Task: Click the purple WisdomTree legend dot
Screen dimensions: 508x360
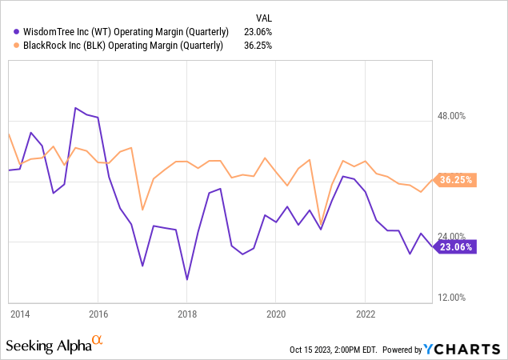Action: (x=16, y=32)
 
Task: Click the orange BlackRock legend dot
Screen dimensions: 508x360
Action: (x=16, y=46)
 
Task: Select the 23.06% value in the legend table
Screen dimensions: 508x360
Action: (x=258, y=32)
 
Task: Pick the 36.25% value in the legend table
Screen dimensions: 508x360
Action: (x=258, y=46)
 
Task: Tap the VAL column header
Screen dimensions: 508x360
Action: (x=264, y=18)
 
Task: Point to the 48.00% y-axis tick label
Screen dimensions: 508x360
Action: (x=451, y=116)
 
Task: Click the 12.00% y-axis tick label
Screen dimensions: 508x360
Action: (x=451, y=298)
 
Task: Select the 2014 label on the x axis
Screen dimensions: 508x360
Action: (x=20, y=314)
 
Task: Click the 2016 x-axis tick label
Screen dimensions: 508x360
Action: (x=98, y=314)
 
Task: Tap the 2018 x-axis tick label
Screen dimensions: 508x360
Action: (x=187, y=314)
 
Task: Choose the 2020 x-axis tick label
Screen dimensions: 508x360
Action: (x=276, y=314)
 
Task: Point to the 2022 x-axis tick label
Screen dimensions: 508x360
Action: (x=366, y=314)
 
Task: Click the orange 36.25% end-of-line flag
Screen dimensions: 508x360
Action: (x=455, y=180)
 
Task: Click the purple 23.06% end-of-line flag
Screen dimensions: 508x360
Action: (x=455, y=247)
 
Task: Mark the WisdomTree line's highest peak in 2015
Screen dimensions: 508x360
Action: (x=75, y=108)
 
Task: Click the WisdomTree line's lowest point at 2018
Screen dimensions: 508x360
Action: (x=187, y=279)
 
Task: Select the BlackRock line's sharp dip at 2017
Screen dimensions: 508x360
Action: (x=142, y=210)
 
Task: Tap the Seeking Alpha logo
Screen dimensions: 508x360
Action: (x=54, y=345)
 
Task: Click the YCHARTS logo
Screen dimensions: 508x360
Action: (x=462, y=350)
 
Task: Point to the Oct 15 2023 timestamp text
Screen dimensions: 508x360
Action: (x=334, y=350)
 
